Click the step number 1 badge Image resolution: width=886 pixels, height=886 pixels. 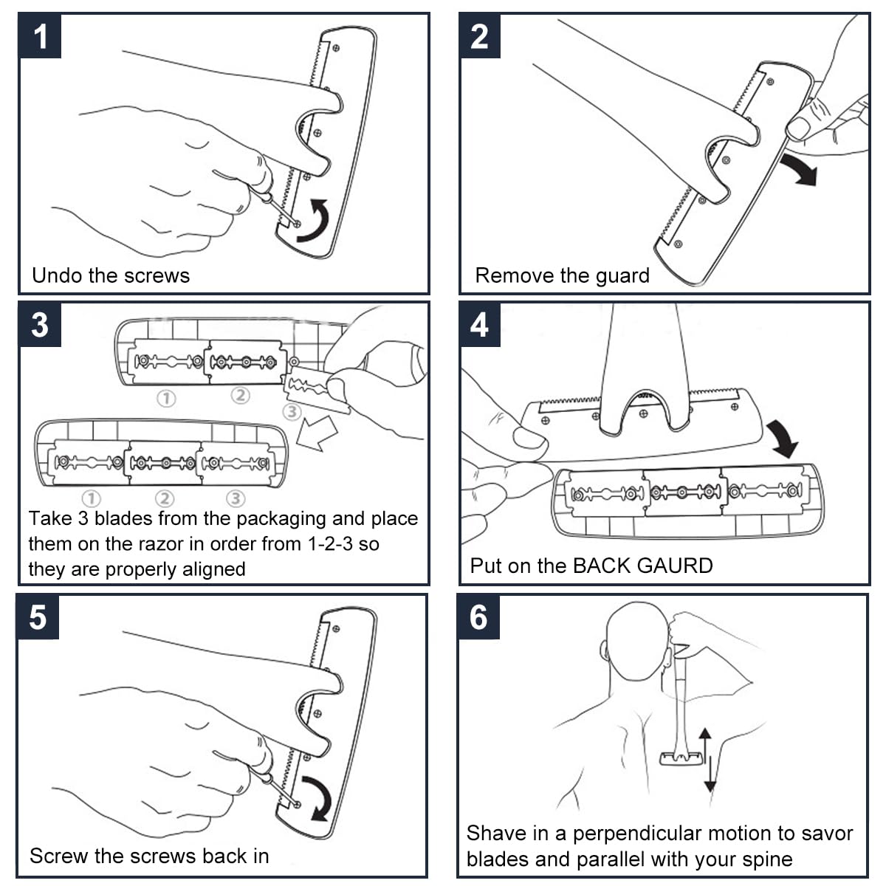click(41, 36)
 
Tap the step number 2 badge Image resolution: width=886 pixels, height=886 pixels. click(479, 36)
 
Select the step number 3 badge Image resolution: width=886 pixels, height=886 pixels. click(40, 325)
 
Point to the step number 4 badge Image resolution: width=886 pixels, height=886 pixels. click(479, 325)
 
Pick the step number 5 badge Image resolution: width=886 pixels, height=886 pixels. click(38, 617)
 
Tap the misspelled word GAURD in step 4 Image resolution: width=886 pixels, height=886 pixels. click(675, 566)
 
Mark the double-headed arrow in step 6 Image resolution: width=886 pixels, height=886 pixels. click(707, 760)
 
